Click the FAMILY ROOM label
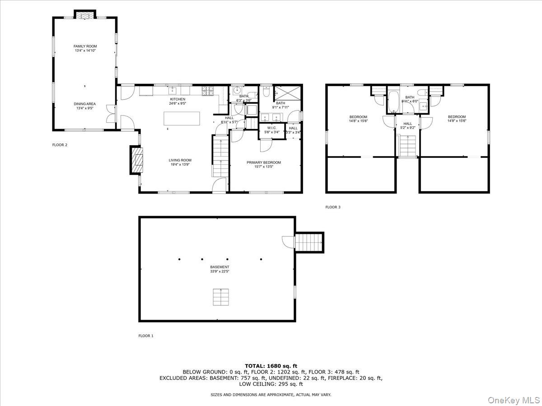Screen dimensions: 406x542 (x=85, y=46)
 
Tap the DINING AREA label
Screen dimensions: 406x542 (x=85, y=104)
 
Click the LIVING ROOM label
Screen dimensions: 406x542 (x=180, y=160)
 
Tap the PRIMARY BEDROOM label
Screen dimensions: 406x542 (x=263, y=162)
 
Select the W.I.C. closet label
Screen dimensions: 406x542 (x=271, y=128)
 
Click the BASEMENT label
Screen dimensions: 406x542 (x=220, y=267)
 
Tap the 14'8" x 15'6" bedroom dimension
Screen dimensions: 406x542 (x=358, y=121)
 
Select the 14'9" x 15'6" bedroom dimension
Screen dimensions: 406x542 (x=457, y=121)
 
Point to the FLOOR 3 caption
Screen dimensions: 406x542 (x=333, y=207)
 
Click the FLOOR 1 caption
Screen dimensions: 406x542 (x=146, y=336)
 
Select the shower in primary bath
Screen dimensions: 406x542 (x=285, y=93)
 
